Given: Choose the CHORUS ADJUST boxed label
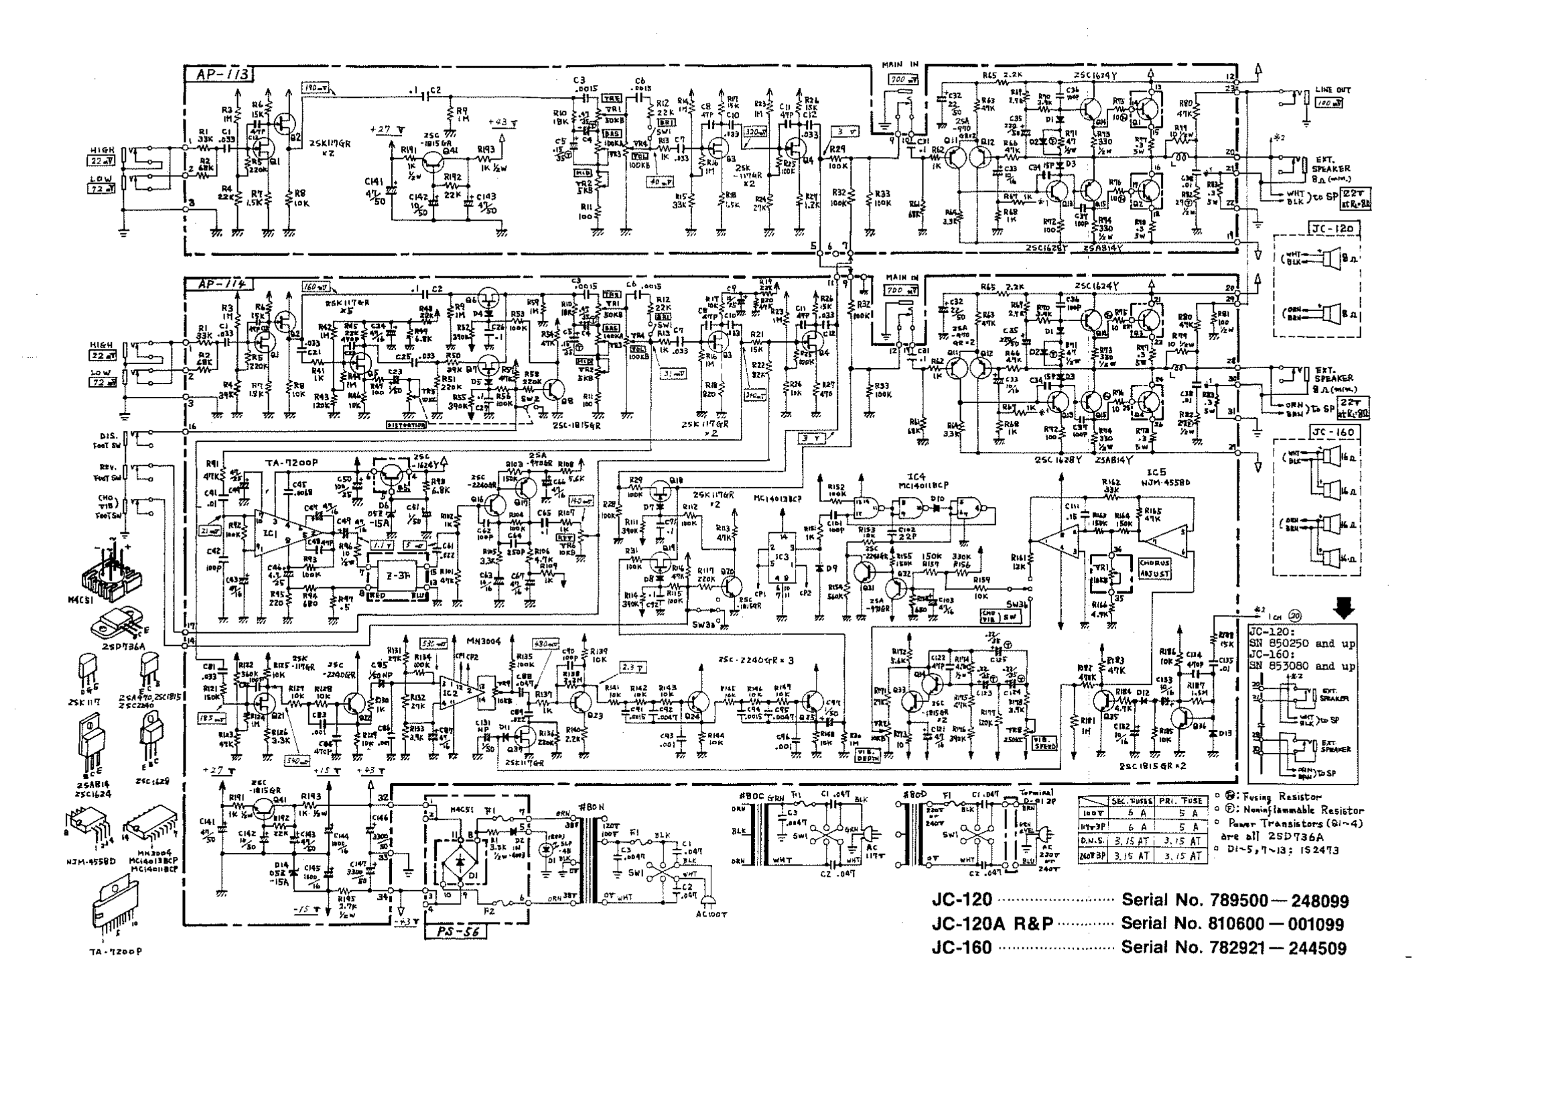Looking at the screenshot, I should pyautogui.click(x=1154, y=568).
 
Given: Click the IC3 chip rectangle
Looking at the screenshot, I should pyautogui.click(x=778, y=558).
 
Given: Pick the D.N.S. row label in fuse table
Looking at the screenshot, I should pyautogui.click(x=1092, y=841).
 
